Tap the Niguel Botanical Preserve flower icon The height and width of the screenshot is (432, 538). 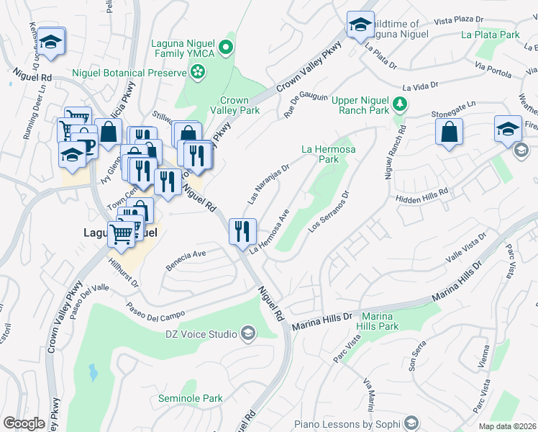(196, 72)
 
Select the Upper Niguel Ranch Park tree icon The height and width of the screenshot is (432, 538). (399, 105)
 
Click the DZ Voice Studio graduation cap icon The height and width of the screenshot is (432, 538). (247, 333)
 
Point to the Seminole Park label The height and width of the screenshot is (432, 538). (191, 398)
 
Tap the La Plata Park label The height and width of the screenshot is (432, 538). (491, 34)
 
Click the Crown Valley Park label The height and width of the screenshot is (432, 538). (234, 106)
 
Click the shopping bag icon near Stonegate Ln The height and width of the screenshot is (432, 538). (449, 132)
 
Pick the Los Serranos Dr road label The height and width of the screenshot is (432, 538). (329, 211)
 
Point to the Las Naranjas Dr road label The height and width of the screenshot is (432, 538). (268, 184)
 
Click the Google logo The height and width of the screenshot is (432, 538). (24, 423)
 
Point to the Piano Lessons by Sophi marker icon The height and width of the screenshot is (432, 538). (412, 423)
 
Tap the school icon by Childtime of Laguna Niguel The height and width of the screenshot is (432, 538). (358, 24)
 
